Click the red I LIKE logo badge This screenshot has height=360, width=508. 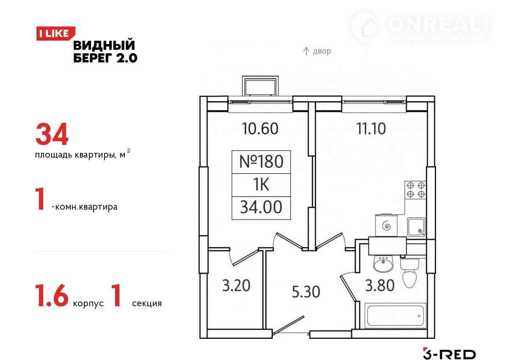pos(55,33)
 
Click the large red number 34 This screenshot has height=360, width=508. pos(52,134)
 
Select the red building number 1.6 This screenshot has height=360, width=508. pos(52,296)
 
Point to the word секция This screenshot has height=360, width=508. pos(147,303)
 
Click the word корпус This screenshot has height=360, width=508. pos(88,304)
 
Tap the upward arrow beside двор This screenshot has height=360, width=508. pos(306,51)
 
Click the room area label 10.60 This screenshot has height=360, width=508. pos(260,129)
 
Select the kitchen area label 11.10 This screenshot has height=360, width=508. pos(371,129)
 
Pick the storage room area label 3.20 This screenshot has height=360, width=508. pos(236,285)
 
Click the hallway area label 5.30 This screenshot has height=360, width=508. pos(306,292)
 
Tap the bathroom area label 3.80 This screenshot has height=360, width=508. pos(380,285)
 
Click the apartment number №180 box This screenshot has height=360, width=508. pos(261,162)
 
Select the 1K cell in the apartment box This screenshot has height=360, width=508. pos(261,185)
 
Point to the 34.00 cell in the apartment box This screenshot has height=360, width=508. pos(261,208)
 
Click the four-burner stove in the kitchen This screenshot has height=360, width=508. pos(415,190)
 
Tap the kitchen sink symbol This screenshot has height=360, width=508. pos(416,227)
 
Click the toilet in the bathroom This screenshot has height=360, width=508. pos(410,273)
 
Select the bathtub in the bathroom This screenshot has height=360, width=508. pos(395,316)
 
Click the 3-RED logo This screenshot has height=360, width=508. pos(449,354)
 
